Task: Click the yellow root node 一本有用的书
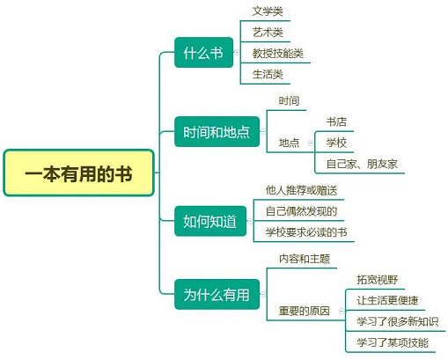pyautogui.click(x=78, y=173)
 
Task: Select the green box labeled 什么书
pyautogui.click(x=203, y=53)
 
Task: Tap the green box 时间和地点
pyautogui.click(x=217, y=132)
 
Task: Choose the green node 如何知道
pyautogui.click(x=210, y=221)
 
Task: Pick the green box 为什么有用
pyautogui.click(x=217, y=294)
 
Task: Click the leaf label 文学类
pyautogui.click(x=268, y=11)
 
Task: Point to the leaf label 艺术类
pyautogui.click(x=268, y=33)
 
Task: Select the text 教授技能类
pyautogui.click(x=278, y=54)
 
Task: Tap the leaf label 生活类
pyautogui.click(x=268, y=74)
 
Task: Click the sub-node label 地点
pyautogui.click(x=289, y=143)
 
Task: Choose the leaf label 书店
pyautogui.click(x=336, y=121)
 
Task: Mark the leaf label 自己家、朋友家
pyautogui.click(x=362, y=164)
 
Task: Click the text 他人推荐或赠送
pyautogui.click(x=301, y=190)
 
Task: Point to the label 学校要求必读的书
pyautogui.click(x=306, y=232)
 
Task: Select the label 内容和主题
pyautogui.click(x=305, y=259)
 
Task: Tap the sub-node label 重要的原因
pyautogui.click(x=305, y=311)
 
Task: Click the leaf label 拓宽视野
pyautogui.click(x=378, y=280)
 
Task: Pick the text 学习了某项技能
pyautogui.click(x=393, y=342)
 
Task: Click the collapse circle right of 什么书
pyautogui.click(x=237, y=53)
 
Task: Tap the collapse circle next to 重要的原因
pyautogui.click(x=342, y=311)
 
